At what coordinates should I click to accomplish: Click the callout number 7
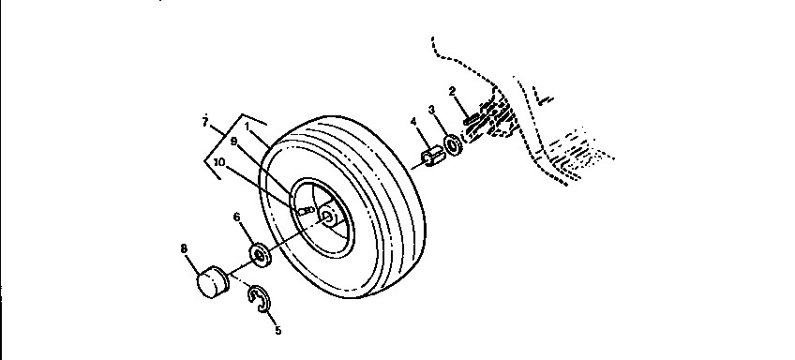click(204, 122)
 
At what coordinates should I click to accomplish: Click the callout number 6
click(237, 217)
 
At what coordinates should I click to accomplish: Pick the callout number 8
click(183, 248)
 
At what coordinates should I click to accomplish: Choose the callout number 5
click(277, 329)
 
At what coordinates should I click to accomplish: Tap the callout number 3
click(433, 109)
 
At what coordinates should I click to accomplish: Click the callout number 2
click(452, 91)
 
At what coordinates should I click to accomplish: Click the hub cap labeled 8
click(214, 280)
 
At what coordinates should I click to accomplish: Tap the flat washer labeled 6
click(261, 253)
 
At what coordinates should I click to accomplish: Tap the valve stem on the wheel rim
click(306, 211)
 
